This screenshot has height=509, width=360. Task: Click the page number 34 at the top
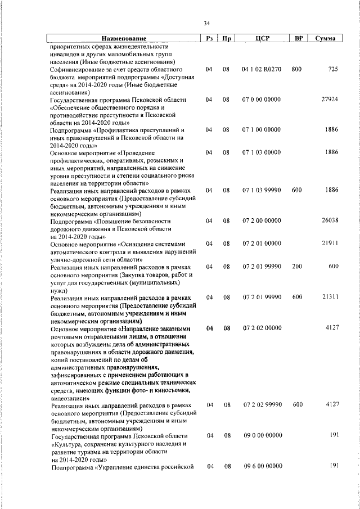[206, 23]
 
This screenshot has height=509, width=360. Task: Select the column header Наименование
[123, 38]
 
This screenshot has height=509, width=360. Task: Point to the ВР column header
[299, 38]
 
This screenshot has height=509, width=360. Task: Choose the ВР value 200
[297, 266]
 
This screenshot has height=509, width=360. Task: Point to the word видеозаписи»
[70, 397]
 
